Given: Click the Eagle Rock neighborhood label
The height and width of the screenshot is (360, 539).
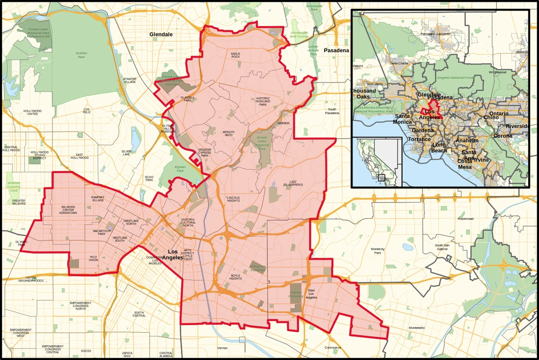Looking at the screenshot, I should (235, 55).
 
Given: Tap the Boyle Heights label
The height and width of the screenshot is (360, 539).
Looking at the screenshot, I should (236, 277).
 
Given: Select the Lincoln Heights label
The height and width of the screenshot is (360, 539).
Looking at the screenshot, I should (233, 199).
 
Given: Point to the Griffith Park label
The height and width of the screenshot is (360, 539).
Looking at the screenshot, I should (81, 55).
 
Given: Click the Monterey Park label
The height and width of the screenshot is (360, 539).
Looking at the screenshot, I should (375, 251).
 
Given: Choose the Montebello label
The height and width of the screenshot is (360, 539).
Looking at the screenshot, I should (416, 328).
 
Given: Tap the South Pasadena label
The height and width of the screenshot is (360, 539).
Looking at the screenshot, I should (332, 111).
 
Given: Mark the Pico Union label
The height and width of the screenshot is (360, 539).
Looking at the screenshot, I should (93, 258).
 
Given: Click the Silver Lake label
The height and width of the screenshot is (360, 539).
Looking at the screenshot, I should (126, 153).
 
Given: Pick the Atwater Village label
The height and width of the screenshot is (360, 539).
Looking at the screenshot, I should (130, 80).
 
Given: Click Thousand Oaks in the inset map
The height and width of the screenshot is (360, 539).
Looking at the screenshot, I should (363, 93).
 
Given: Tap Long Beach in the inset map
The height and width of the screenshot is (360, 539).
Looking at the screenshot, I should (439, 148).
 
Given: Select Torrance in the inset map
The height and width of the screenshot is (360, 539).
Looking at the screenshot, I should (419, 139).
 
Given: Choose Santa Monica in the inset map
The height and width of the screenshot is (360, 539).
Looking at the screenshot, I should (402, 119).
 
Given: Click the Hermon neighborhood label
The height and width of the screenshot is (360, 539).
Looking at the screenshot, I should (283, 123).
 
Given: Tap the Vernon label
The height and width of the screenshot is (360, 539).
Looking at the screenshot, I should (222, 348).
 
